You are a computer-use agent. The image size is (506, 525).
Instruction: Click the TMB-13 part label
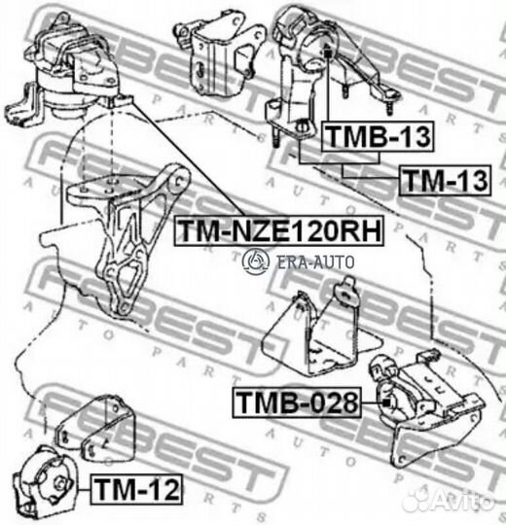coord(378,137)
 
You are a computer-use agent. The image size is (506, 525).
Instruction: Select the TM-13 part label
coord(445,180)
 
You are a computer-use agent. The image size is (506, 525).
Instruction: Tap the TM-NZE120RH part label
coord(279,230)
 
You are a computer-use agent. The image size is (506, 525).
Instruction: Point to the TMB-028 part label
coord(297,402)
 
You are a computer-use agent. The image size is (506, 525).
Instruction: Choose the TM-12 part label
coord(136,489)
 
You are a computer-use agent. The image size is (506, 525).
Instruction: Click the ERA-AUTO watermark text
coord(315,262)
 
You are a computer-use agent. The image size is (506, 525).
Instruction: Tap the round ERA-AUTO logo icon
coord(256,262)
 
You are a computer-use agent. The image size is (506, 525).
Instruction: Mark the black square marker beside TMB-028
coord(386,402)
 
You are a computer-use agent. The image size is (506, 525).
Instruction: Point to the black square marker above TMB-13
coord(328,53)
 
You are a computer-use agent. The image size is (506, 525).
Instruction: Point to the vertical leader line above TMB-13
coord(328,89)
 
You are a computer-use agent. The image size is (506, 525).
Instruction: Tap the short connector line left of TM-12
coord(84,489)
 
